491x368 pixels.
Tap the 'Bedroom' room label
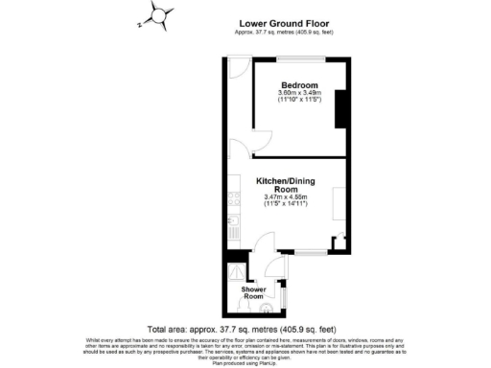point(297,85)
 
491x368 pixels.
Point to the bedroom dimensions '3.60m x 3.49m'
point(297,92)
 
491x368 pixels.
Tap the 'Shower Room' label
point(253,292)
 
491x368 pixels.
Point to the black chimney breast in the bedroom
point(339,111)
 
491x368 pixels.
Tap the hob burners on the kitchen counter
point(233,198)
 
